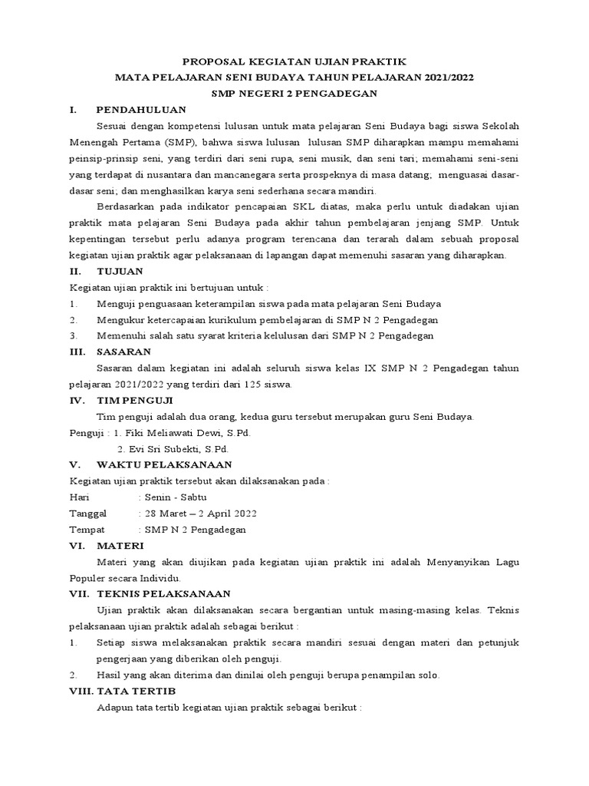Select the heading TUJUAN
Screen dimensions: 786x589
click(x=119, y=271)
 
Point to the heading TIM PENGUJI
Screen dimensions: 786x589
click(x=135, y=400)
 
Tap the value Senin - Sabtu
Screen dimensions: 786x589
click(x=169, y=497)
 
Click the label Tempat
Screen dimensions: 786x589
click(x=86, y=530)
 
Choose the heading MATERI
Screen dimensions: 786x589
click(x=120, y=546)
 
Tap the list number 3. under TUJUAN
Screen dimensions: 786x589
click(x=74, y=335)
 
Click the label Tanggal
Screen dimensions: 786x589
click(x=88, y=513)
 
